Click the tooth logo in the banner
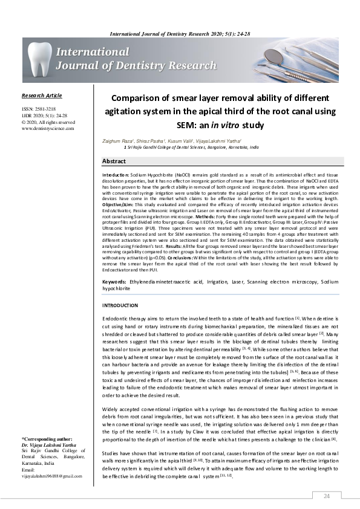click(x=40, y=60)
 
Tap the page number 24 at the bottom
click(x=327, y=496)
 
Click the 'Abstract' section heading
click(x=114, y=161)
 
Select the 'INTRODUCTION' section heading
click(x=121, y=306)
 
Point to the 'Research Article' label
click(x=41, y=96)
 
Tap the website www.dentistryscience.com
click(x=48, y=128)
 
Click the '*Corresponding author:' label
click(x=47, y=438)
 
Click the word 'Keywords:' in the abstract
click(x=114, y=282)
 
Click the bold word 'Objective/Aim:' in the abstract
click(x=119, y=204)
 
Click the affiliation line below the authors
click(x=191, y=147)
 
